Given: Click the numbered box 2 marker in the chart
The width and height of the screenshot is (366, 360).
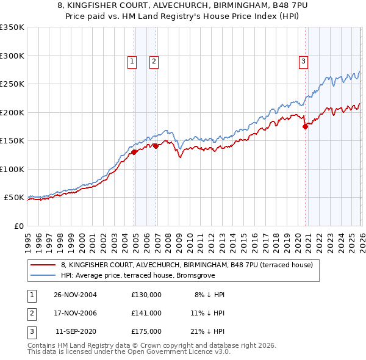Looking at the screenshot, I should point(154,60).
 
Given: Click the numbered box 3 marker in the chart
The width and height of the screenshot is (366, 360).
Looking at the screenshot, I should point(303,60).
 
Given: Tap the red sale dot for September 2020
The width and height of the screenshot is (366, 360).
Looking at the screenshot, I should point(305,127).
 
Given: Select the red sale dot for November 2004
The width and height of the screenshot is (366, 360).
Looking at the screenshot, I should point(134,153).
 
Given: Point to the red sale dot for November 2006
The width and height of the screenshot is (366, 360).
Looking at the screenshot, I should point(156,146).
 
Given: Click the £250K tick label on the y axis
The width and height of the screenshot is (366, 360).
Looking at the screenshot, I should point(12,84).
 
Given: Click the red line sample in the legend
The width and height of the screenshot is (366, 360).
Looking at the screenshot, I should point(43,265).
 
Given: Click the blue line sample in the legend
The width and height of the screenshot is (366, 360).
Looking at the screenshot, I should point(43,275).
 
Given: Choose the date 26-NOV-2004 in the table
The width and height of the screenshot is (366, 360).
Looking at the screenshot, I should point(75,295).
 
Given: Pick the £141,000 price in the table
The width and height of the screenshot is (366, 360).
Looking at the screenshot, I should point(146,313).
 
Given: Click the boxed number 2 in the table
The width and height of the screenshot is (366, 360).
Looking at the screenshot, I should point(31,313).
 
